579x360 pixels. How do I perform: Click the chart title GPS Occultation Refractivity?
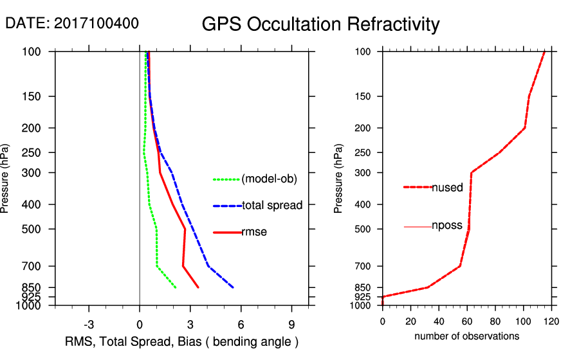pyautogui.click(x=320, y=25)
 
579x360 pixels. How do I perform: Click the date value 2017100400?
pyautogui.click(x=96, y=23)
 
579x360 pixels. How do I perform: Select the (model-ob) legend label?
pyautogui.click(x=269, y=179)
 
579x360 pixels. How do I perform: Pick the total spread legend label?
pyautogui.click(x=271, y=206)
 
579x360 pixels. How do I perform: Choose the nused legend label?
pyautogui.click(x=447, y=187)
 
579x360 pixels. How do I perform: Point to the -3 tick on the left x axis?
pyautogui.click(x=89, y=324)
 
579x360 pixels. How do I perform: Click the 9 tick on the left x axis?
pyautogui.click(x=291, y=324)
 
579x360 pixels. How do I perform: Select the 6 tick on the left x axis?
pyautogui.click(x=241, y=324)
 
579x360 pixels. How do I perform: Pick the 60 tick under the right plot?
pyautogui.click(x=467, y=321)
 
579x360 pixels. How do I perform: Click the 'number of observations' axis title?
pyautogui.click(x=466, y=336)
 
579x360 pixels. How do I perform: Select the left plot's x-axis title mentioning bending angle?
pyautogui.click(x=182, y=341)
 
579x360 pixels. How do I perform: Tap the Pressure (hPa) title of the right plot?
pyautogui.click(x=339, y=179)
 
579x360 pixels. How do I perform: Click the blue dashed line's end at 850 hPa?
pyautogui.click(x=233, y=287)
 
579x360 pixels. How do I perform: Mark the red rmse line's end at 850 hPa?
pyautogui.click(x=198, y=287)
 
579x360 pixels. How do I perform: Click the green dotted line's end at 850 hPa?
pyautogui.click(x=176, y=287)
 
